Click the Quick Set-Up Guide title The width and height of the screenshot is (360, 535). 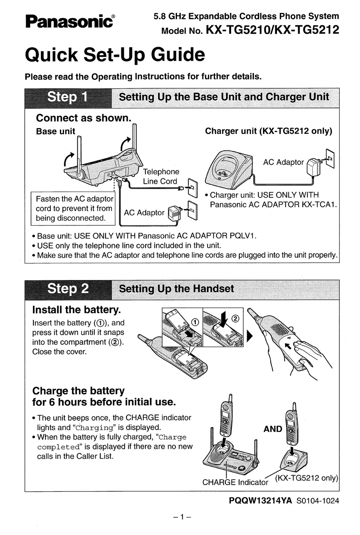pos(114,55)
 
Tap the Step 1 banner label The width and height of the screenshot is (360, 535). pos(67,97)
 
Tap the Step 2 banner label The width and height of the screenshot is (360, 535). pos(68,289)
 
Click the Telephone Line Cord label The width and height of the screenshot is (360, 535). pos(161,177)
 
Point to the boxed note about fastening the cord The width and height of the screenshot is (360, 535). pos(74,208)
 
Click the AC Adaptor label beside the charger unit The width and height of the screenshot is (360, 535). pos(283,162)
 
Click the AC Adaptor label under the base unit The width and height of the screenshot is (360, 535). pos(144,213)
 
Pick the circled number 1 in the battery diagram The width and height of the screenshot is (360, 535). pos(195,322)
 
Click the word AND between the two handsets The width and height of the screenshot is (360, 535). pos(273,429)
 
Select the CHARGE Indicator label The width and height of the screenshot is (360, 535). pos(235,482)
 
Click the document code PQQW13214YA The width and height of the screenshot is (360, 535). pos(260,501)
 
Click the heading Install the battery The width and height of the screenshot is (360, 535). pos(77,310)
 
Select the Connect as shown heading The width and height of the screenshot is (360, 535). pos(83,118)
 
